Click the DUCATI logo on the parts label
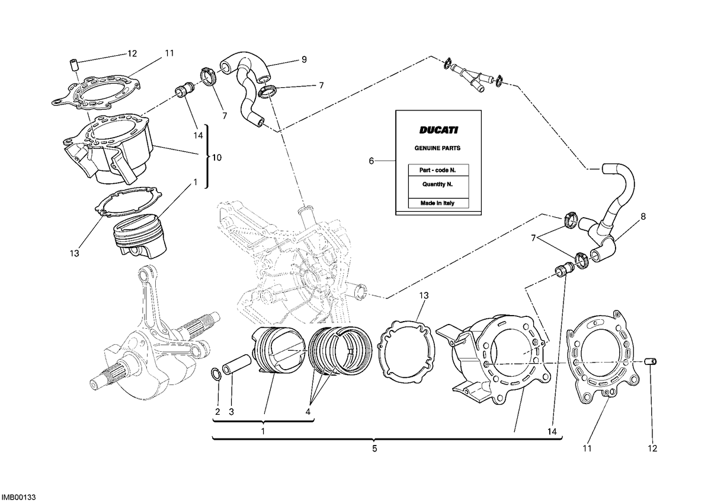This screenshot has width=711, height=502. pyautogui.click(x=438, y=130)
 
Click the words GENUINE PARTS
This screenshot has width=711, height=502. pyautogui.click(x=437, y=148)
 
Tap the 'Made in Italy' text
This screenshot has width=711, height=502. pyautogui.click(x=437, y=203)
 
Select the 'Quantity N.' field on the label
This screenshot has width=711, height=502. pyautogui.click(x=437, y=185)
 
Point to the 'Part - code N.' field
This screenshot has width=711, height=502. pyautogui.click(x=437, y=170)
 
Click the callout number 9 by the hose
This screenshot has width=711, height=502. pyautogui.click(x=304, y=59)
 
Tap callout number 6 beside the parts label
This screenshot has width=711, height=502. pyautogui.click(x=371, y=161)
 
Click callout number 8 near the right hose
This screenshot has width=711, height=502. pyautogui.click(x=643, y=217)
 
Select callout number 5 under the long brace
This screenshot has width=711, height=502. pyautogui.click(x=374, y=449)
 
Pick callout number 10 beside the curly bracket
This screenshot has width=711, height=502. pyautogui.click(x=217, y=157)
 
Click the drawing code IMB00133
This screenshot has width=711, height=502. pyautogui.click(x=19, y=497)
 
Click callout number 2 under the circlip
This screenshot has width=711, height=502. pyautogui.click(x=217, y=412)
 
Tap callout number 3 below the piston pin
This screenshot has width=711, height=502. pyautogui.click(x=231, y=412)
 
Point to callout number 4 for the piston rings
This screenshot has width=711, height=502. pyautogui.click(x=308, y=412)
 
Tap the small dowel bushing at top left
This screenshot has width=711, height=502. pyautogui.click(x=74, y=65)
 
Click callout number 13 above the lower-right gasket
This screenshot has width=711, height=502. pyautogui.click(x=424, y=296)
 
